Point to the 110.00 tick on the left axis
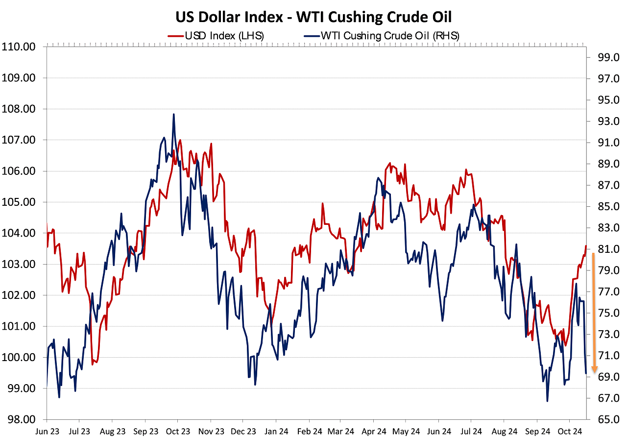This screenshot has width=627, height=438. click(19, 47)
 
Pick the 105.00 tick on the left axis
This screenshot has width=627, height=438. click(19, 202)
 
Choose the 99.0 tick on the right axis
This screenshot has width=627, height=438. click(603, 58)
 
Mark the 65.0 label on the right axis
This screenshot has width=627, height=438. click(603, 419)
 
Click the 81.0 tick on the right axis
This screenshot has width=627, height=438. click(603, 249)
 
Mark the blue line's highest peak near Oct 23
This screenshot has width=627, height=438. click(173, 115)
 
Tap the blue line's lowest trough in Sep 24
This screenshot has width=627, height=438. click(547, 401)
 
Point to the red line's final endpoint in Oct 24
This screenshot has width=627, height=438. click(586, 245)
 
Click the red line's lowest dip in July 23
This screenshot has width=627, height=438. click(93, 364)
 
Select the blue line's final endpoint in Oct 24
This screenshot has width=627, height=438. click(586, 373)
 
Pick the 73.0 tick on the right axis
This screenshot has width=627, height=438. click(603, 334)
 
